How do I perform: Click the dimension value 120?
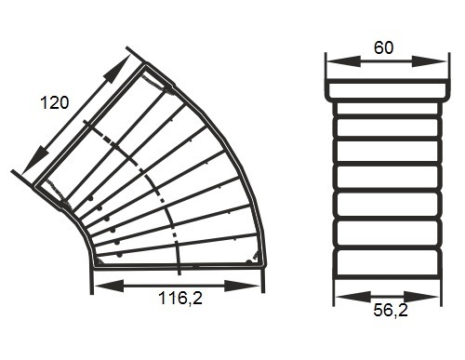point(54,103)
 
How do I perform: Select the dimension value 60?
point(382,46)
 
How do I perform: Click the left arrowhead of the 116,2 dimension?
point(100,284)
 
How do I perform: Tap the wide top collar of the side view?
point(382,89)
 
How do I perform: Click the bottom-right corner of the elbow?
point(264,265)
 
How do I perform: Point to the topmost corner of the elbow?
point(144,63)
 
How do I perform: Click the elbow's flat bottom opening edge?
point(177,265)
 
